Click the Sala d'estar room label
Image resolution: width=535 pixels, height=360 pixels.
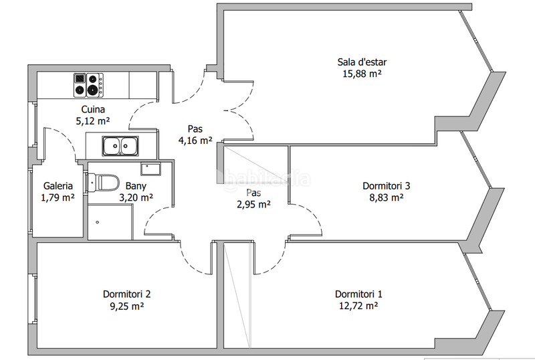coord(362,62)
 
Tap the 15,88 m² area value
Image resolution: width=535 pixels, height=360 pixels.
coord(362,74)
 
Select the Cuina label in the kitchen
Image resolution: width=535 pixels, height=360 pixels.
coord(93,109)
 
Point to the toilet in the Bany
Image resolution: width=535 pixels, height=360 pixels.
coord(102,183)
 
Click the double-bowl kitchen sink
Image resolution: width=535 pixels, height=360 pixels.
coord(120,146)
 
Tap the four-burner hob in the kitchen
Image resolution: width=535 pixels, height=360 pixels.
coord(89,85)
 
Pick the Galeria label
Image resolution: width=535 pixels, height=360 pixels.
coord(58,186)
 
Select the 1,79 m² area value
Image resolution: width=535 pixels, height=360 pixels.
coord(58,197)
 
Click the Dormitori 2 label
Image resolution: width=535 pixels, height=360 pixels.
coord(126,294)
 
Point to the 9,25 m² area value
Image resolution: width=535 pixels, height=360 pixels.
coord(126,306)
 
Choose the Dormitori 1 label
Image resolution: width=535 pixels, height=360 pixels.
coord(358,294)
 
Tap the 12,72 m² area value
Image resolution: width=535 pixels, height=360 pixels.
coord(358,305)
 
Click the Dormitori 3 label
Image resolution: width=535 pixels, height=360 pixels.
coord(387,186)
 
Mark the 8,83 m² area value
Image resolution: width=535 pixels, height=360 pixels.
coord(387,197)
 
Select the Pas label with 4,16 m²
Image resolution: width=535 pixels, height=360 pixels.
coord(195,128)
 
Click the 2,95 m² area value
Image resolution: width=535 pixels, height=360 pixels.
coord(254,204)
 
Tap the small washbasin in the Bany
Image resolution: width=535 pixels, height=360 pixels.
coord(150,168)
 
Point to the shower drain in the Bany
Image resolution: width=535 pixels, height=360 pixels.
coord(98,222)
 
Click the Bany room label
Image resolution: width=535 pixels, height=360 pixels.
coord(136,186)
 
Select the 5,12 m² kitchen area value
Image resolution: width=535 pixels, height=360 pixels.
coord(93,121)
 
